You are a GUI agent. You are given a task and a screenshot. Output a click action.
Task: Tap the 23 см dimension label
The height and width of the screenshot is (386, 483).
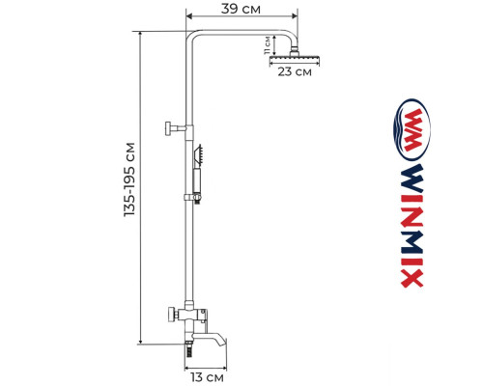click(x=290, y=72)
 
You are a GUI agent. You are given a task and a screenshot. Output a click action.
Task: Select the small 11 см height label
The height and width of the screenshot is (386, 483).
click(x=268, y=44)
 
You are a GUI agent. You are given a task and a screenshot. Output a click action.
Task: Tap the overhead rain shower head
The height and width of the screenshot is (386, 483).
click(x=289, y=61)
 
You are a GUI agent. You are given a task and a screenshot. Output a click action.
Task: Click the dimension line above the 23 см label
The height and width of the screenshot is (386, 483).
click(x=290, y=64)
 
